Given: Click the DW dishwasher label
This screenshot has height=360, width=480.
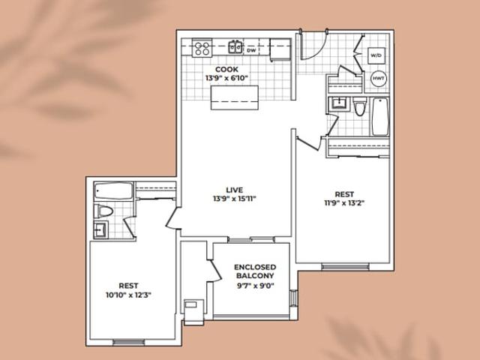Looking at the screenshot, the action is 251,50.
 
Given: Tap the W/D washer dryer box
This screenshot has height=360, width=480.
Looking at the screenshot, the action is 376,55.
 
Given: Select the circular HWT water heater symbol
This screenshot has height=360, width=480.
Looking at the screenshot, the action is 379,78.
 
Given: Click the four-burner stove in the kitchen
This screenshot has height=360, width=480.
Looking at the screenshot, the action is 202,48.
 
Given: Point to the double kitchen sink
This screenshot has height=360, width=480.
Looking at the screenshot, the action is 235,46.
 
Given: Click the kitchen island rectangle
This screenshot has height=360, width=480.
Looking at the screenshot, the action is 235,97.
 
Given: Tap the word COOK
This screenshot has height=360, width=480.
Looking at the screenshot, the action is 226,70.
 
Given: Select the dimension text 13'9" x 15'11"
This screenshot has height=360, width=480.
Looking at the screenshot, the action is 235,199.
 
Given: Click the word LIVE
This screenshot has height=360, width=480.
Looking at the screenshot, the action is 235,190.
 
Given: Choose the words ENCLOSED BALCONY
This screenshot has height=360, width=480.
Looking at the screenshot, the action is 255,271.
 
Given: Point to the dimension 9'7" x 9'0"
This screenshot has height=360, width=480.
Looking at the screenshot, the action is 255,286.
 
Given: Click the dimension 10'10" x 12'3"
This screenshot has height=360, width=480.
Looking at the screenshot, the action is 128,295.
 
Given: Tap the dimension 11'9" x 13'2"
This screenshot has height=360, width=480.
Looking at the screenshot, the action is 344,203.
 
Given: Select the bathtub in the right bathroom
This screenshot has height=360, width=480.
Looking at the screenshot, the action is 380,116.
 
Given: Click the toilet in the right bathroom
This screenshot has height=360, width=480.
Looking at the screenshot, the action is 359,106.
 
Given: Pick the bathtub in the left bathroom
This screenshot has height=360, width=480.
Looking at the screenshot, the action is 113,190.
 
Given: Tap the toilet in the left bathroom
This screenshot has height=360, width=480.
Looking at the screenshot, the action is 103,211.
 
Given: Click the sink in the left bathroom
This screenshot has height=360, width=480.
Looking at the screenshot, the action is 100,229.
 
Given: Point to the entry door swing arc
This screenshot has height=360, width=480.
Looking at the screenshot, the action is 316,46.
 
